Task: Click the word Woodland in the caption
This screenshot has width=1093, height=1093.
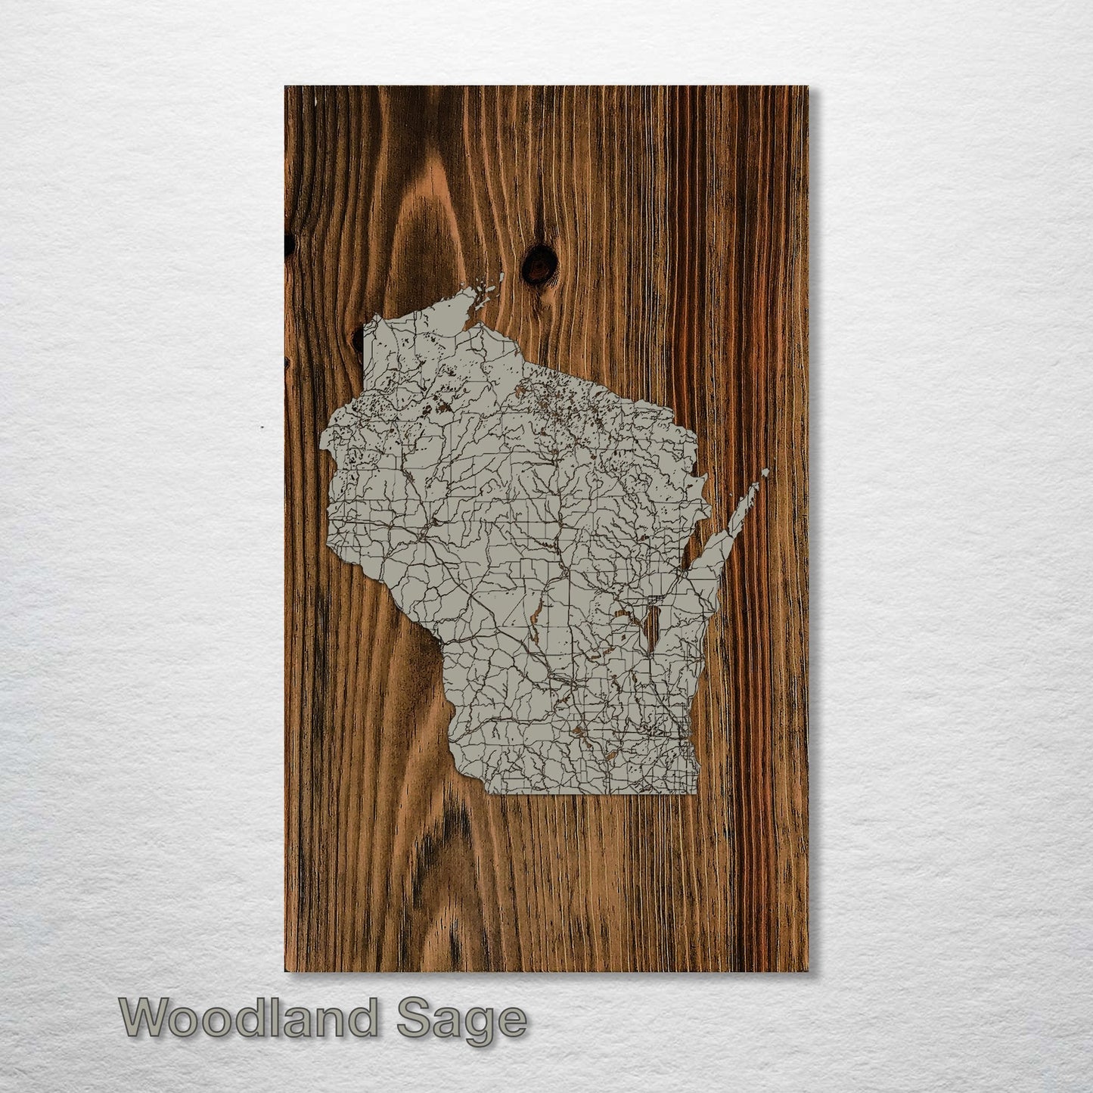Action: pos(248,1018)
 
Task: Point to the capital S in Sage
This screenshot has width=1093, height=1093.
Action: pos(413,1018)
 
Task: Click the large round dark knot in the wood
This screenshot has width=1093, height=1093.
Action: pos(539,265)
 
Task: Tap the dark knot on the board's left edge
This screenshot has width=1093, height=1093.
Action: pos(289,244)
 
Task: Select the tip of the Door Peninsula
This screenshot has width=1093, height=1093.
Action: pos(765,472)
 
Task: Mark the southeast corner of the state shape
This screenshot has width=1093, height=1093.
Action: pos(697,793)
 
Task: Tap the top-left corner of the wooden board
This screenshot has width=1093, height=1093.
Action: pos(285,87)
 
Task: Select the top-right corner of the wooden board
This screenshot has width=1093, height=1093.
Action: pos(808,87)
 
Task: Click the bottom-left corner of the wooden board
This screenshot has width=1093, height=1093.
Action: pos(285,971)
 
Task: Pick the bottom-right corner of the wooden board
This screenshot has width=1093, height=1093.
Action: pos(808,971)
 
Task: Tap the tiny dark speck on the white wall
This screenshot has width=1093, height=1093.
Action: pos(262,428)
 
